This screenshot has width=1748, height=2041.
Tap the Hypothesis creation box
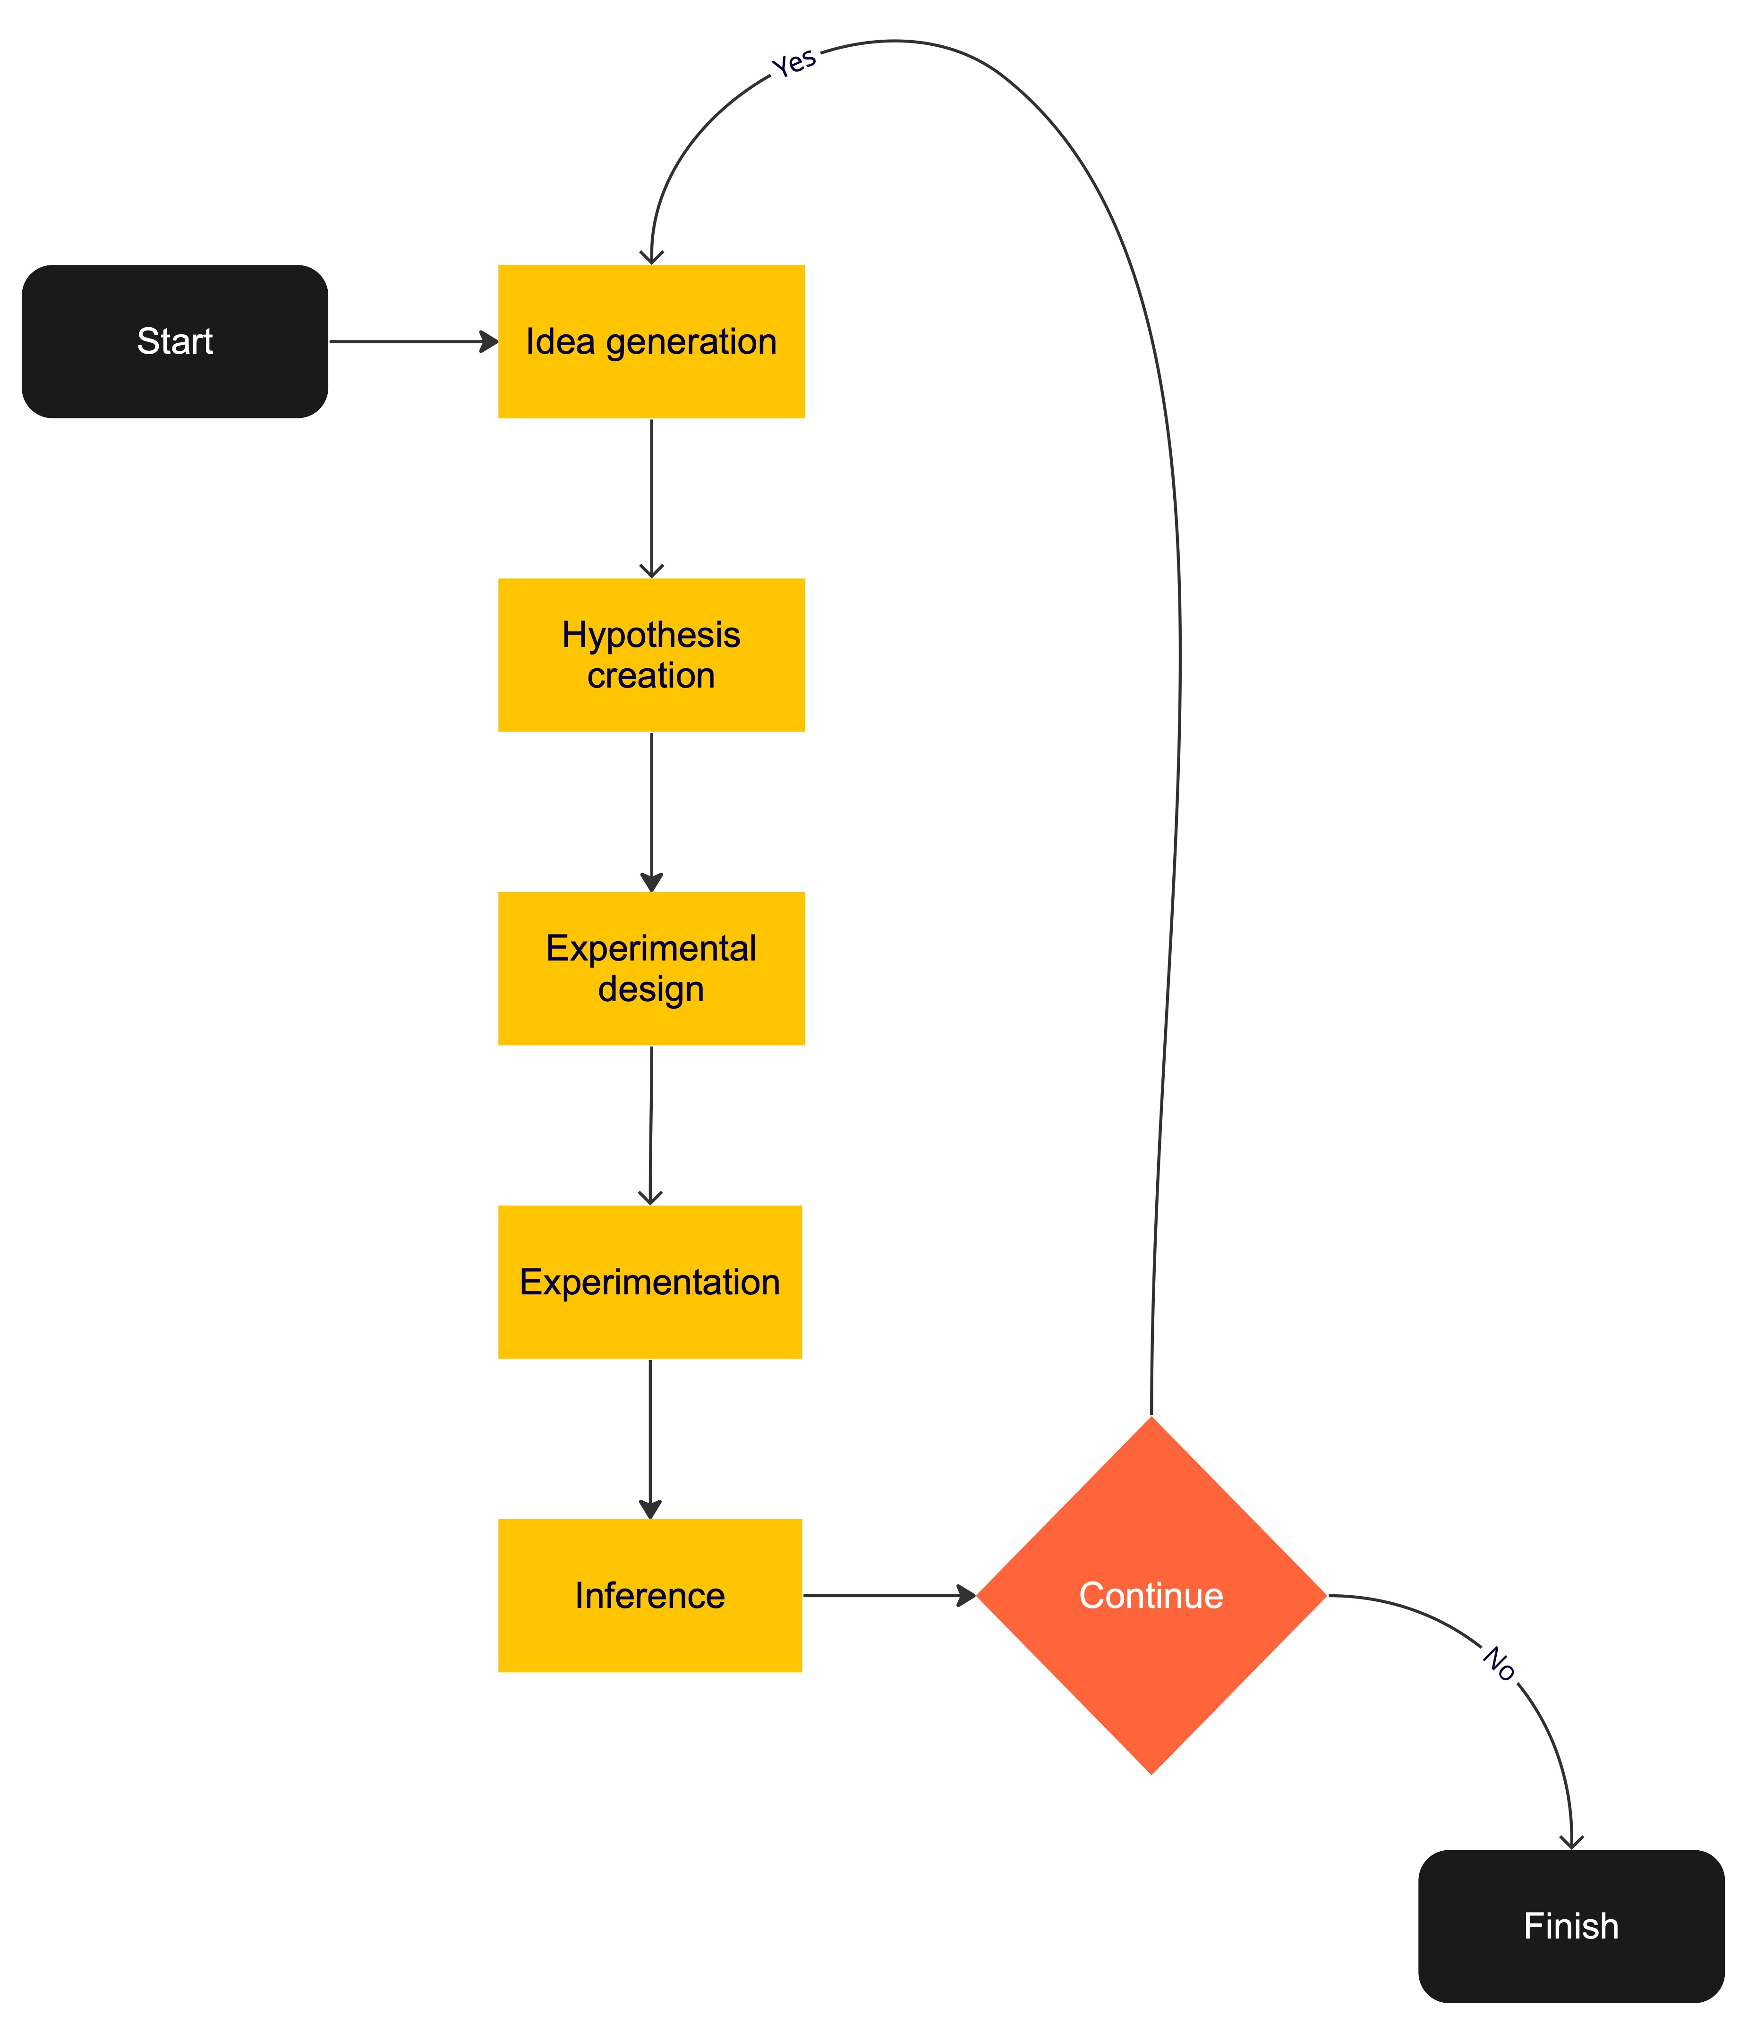pos(651,655)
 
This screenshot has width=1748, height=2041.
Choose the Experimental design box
pos(651,968)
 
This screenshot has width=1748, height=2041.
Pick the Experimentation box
pos(650,1282)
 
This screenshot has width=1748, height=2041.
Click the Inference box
pos(650,1595)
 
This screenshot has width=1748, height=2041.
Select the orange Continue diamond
pos(1151,1595)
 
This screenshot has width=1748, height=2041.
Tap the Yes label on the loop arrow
pos(794,62)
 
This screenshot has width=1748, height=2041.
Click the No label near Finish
pos(1499,1664)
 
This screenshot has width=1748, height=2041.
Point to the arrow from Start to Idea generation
pos(414,342)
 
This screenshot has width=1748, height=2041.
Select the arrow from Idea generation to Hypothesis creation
pos(651,498)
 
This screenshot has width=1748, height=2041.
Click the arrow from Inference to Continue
pos(890,1595)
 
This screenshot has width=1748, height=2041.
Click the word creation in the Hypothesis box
pos(651,676)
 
